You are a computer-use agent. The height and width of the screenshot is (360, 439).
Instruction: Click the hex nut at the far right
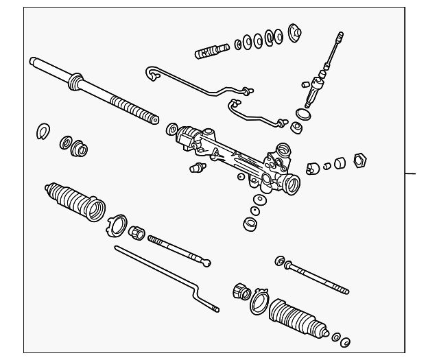[357, 160]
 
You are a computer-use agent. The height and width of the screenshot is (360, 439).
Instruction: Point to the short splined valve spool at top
[212, 51]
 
